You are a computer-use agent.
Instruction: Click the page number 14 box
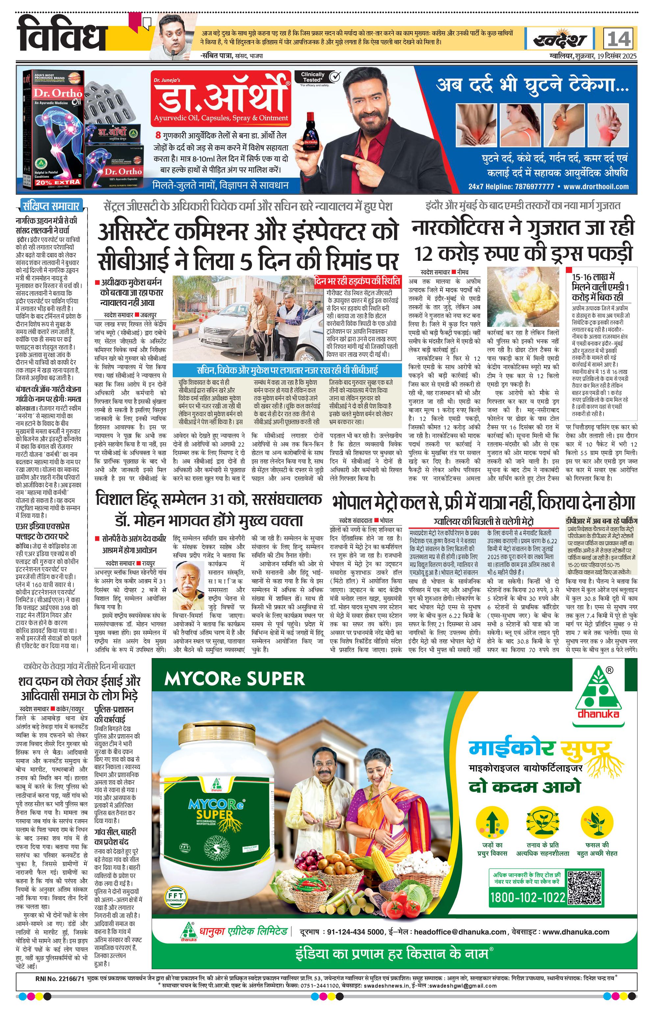coord(619,39)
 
